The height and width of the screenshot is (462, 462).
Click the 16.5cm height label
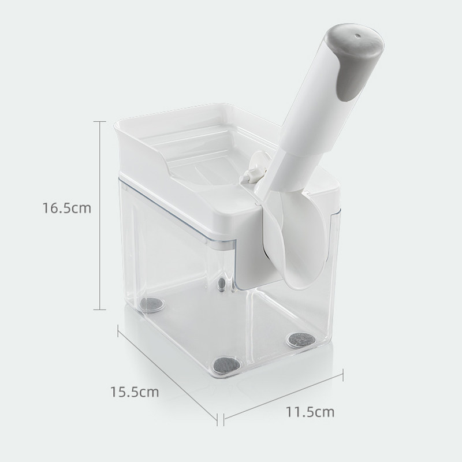pyautogui.click(x=67, y=208)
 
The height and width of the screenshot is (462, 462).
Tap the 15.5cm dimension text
pyautogui.click(x=135, y=392)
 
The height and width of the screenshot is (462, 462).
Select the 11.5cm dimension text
pyautogui.click(x=310, y=412)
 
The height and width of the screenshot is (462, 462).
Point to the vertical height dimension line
pyautogui.click(x=100, y=215)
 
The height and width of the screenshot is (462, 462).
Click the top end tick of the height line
pyautogui.click(x=100, y=121)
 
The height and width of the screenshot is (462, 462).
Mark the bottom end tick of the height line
pyautogui.click(x=100, y=310)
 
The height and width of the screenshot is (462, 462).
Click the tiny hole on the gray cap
pyautogui.click(x=357, y=36)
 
